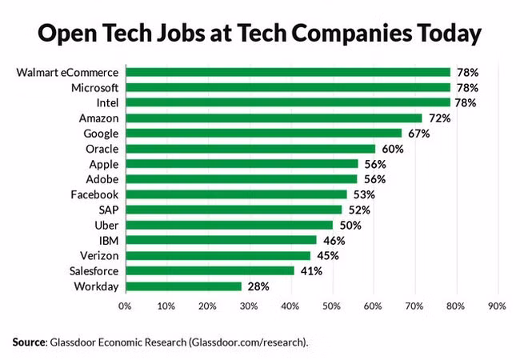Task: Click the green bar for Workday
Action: [x=182, y=286]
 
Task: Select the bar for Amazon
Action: [x=273, y=118]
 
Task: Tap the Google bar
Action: [x=262, y=133]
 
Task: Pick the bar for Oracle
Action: [x=250, y=148]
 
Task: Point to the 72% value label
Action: [x=439, y=118]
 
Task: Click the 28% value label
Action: [x=258, y=286]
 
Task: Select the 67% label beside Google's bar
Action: [x=418, y=133]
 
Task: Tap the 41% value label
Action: [x=311, y=270]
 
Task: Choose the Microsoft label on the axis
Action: [x=95, y=87]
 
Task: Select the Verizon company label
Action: [x=100, y=255]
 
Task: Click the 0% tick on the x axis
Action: [x=125, y=306]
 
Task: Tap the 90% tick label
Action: [x=497, y=306]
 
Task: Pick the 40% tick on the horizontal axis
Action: [x=290, y=306]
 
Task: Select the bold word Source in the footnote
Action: [x=30, y=342]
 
